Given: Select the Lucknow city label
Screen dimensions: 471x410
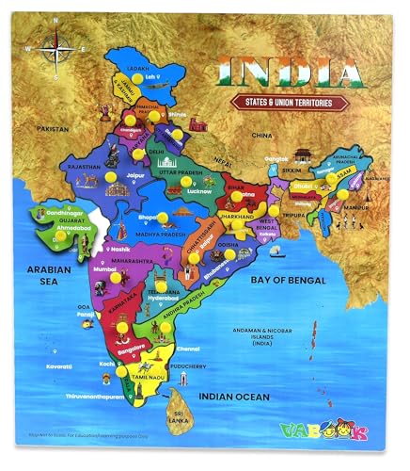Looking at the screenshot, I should pyautogui.click(x=200, y=191).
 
